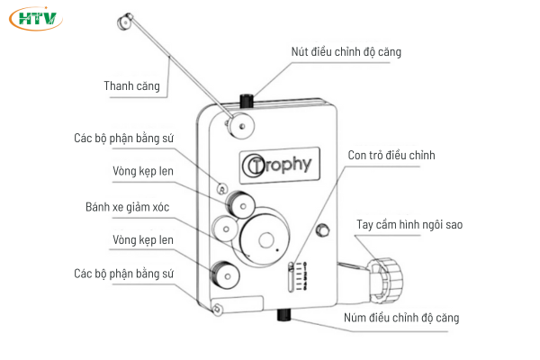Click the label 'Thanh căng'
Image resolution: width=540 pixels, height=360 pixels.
[131, 86]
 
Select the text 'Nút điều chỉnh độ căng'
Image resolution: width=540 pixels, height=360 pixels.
[346, 52]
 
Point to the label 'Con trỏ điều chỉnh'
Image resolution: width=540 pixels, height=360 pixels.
[391, 156]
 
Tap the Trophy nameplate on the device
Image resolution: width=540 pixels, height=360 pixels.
[277, 164]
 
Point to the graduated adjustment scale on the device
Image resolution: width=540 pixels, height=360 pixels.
[291, 276]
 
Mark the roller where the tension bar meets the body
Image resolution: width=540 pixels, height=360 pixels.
[239, 124]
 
